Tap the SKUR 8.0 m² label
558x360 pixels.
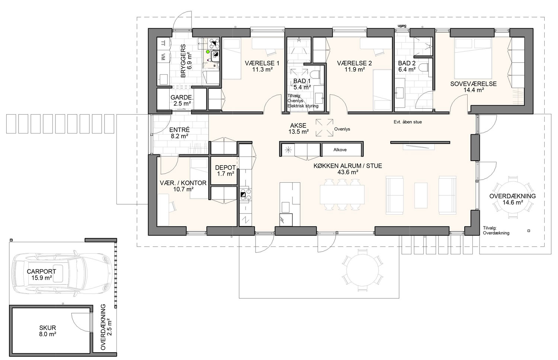point(48,331)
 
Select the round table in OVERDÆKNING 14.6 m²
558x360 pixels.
point(512,199)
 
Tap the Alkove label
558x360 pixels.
point(340,150)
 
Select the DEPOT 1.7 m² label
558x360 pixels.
point(225,171)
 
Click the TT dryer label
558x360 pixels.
point(163,43)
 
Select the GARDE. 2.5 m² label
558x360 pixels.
point(182,100)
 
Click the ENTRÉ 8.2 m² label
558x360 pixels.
point(179,133)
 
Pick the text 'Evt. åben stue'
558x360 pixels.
point(408,122)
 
